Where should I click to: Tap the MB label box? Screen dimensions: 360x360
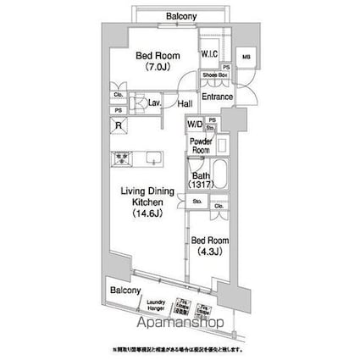246,58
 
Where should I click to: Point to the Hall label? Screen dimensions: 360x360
185,104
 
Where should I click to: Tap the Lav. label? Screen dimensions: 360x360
155,104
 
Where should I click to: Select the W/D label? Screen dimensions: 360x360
194,123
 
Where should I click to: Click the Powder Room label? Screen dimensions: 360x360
200,145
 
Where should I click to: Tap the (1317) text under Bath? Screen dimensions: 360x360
198,186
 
